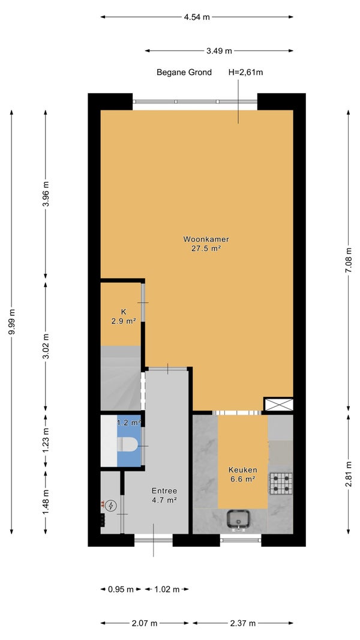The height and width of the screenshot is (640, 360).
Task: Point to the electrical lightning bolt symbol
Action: (110, 506)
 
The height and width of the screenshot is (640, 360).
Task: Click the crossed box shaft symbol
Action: (278, 404)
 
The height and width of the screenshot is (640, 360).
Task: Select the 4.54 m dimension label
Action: (197, 17)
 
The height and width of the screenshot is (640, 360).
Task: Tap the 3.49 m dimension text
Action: (219, 51)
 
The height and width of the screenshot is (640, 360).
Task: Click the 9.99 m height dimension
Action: (11, 321)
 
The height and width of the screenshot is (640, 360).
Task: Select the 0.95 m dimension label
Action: (121, 589)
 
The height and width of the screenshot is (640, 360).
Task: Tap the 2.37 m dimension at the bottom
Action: (242, 623)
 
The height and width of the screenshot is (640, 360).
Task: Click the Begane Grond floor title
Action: (184, 73)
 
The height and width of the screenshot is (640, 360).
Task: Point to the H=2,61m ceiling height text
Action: (245, 73)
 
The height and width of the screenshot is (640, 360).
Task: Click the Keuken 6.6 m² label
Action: (242, 474)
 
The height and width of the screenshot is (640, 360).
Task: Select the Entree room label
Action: (164, 495)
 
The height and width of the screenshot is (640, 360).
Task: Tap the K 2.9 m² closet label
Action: (123, 317)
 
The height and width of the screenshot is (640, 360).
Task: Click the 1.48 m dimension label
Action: (46, 502)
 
